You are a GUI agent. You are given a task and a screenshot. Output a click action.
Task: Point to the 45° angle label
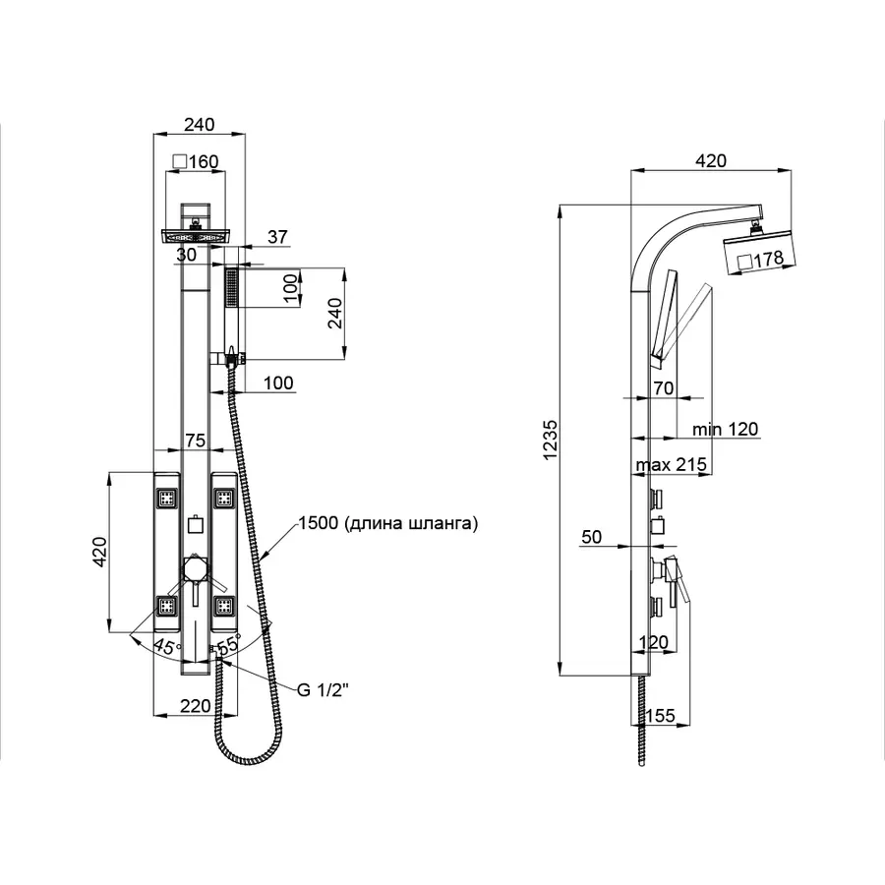[167, 647]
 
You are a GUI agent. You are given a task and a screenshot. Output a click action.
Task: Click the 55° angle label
[227, 647]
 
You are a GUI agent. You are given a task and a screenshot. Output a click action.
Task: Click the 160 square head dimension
[195, 161]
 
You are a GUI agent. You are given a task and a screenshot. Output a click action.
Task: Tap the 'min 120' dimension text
[724, 430]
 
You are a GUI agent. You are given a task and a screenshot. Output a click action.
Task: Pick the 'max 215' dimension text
[671, 463]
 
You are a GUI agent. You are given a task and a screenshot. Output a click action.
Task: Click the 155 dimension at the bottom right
[661, 716]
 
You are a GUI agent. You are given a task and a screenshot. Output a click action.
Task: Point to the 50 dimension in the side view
[592, 537]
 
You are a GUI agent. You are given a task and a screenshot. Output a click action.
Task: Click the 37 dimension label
[278, 236]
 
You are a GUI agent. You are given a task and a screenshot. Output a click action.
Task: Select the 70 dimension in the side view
[662, 389]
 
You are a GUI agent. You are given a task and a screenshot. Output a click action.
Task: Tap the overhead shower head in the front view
[195, 237]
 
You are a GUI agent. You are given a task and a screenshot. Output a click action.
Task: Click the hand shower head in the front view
[232, 290]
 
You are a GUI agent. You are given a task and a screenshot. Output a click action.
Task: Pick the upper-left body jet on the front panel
[167, 498]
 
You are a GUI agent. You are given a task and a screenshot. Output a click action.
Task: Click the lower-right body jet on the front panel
[224, 607]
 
